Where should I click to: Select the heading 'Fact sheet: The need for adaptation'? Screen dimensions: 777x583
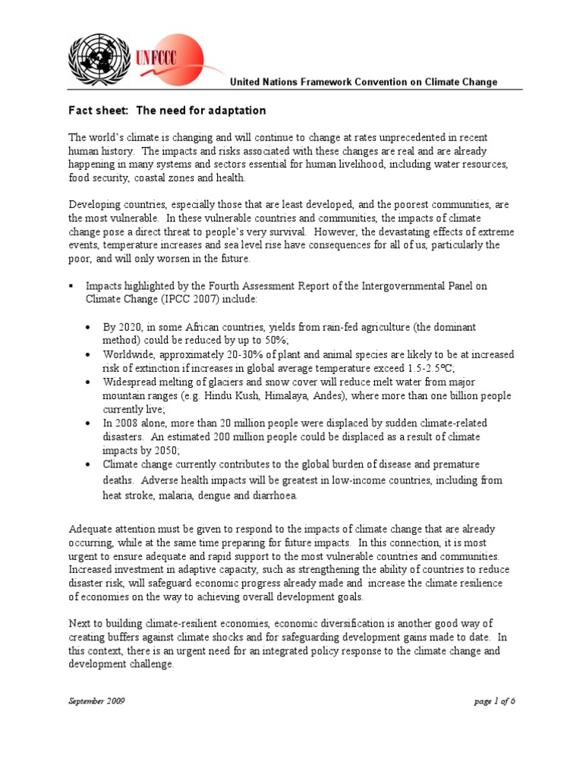(x=167, y=111)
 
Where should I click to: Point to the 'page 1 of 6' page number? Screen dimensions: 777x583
(x=494, y=701)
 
